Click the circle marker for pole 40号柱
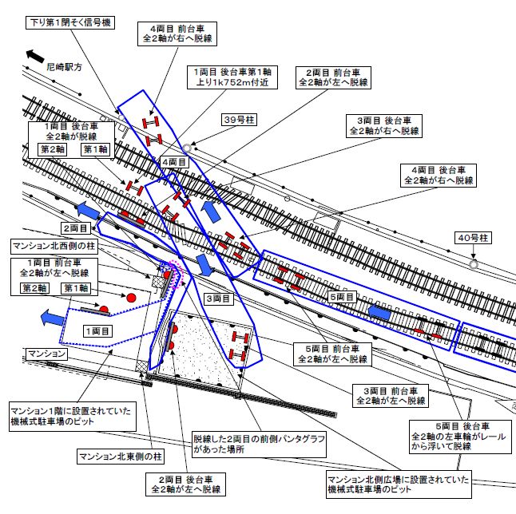(x=474, y=263)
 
